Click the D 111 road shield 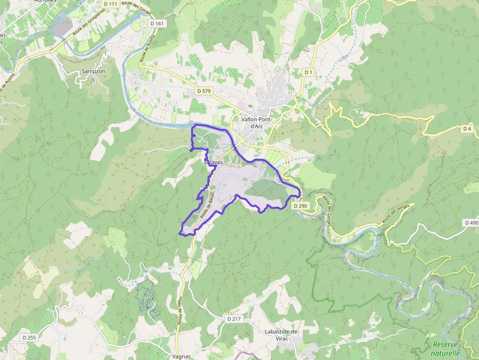(110, 4)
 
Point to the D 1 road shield (308, 72)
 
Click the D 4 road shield (468, 128)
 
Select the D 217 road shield (234, 318)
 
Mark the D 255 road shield (29, 338)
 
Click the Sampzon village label (93, 71)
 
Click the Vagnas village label (181, 357)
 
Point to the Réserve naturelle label (446, 348)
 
